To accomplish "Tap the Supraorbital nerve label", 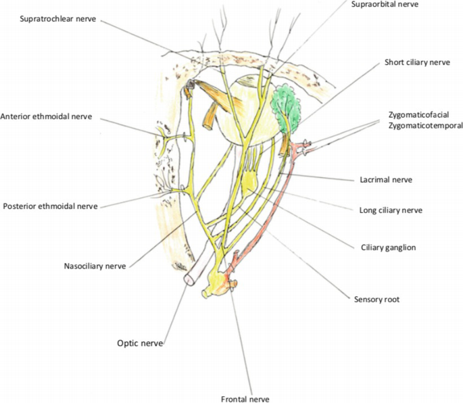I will (x=385, y=4).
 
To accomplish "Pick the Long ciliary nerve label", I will (x=391, y=210).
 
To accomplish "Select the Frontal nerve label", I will (x=245, y=398).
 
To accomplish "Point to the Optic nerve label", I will (x=140, y=343).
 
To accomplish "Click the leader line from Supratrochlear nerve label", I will (x=142, y=37).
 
